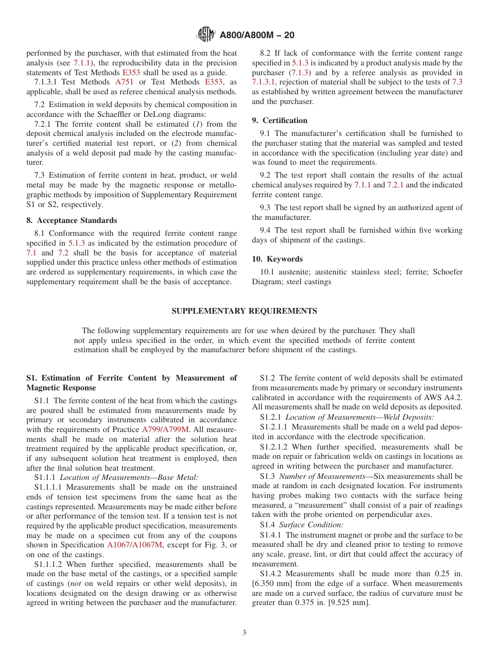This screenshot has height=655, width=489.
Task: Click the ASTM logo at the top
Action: point(206,35)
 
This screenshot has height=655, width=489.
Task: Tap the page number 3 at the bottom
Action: point(244,633)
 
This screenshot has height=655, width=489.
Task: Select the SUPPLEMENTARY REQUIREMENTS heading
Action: point(244,311)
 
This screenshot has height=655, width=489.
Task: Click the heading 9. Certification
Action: point(280,120)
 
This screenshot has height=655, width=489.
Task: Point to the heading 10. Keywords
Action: point(277,259)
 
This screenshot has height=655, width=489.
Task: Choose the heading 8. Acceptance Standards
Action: point(72,220)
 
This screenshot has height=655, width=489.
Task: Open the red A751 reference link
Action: point(124,82)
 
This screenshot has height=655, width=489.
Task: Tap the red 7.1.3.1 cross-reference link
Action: point(264,82)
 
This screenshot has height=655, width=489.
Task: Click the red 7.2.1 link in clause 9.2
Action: point(397,185)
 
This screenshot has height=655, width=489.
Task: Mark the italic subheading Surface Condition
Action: point(311,525)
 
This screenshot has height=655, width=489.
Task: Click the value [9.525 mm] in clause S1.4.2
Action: point(348,602)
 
